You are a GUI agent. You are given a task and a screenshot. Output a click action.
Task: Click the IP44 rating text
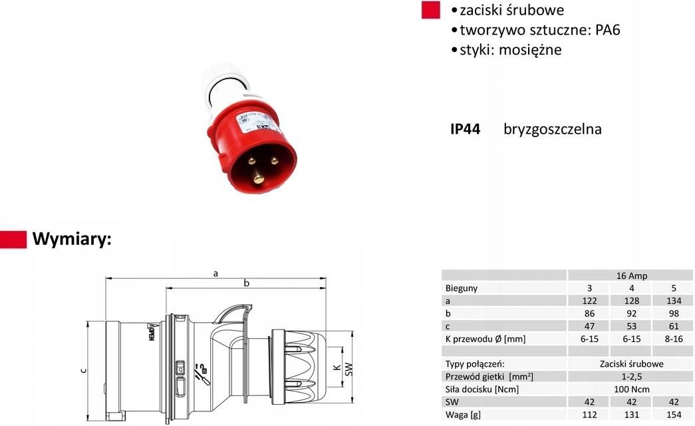click(x=465, y=129)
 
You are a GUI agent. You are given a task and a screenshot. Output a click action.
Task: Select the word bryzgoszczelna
click(x=552, y=129)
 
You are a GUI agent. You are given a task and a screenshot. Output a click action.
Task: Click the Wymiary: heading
click(x=72, y=239)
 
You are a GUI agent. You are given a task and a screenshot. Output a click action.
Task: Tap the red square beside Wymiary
click(x=13, y=240)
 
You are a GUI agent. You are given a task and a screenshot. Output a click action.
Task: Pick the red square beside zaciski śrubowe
click(x=431, y=10)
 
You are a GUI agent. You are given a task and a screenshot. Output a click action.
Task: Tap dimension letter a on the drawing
click(x=215, y=273)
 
